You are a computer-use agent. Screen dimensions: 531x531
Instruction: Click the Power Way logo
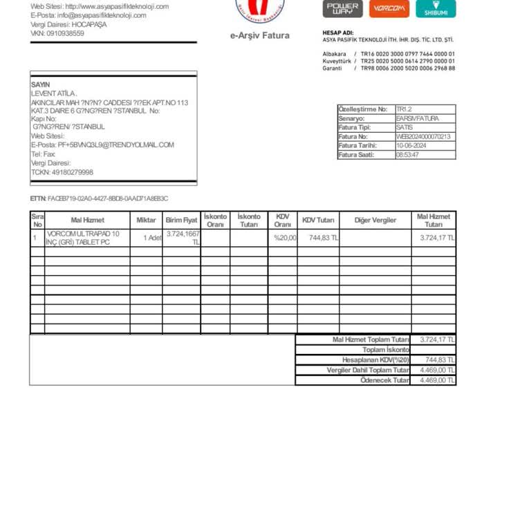tap(342, 8)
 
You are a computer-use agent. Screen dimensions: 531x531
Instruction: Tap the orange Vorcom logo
tap(389, 8)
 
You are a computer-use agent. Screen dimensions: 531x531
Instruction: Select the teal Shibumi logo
tap(436, 8)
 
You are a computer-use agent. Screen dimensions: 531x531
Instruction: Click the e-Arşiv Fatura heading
tap(260, 36)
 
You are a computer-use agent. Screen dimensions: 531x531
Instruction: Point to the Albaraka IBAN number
tap(408, 53)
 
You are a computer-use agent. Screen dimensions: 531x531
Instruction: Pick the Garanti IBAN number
tap(408, 68)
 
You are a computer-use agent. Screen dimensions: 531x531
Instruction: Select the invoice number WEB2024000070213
tap(423, 137)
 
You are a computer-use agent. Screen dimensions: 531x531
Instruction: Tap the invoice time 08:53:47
tap(408, 155)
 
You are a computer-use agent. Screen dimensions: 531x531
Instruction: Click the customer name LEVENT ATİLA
tap(54, 93)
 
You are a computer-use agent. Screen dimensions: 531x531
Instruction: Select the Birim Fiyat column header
tap(181, 220)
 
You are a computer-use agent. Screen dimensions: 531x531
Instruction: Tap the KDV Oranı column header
tap(282, 220)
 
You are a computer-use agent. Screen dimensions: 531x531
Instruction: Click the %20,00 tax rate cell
tap(285, 238)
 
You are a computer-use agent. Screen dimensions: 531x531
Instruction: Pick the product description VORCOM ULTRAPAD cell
tap(82, 238)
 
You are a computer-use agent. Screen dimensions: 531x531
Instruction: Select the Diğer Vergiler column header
tap(375, 220)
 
